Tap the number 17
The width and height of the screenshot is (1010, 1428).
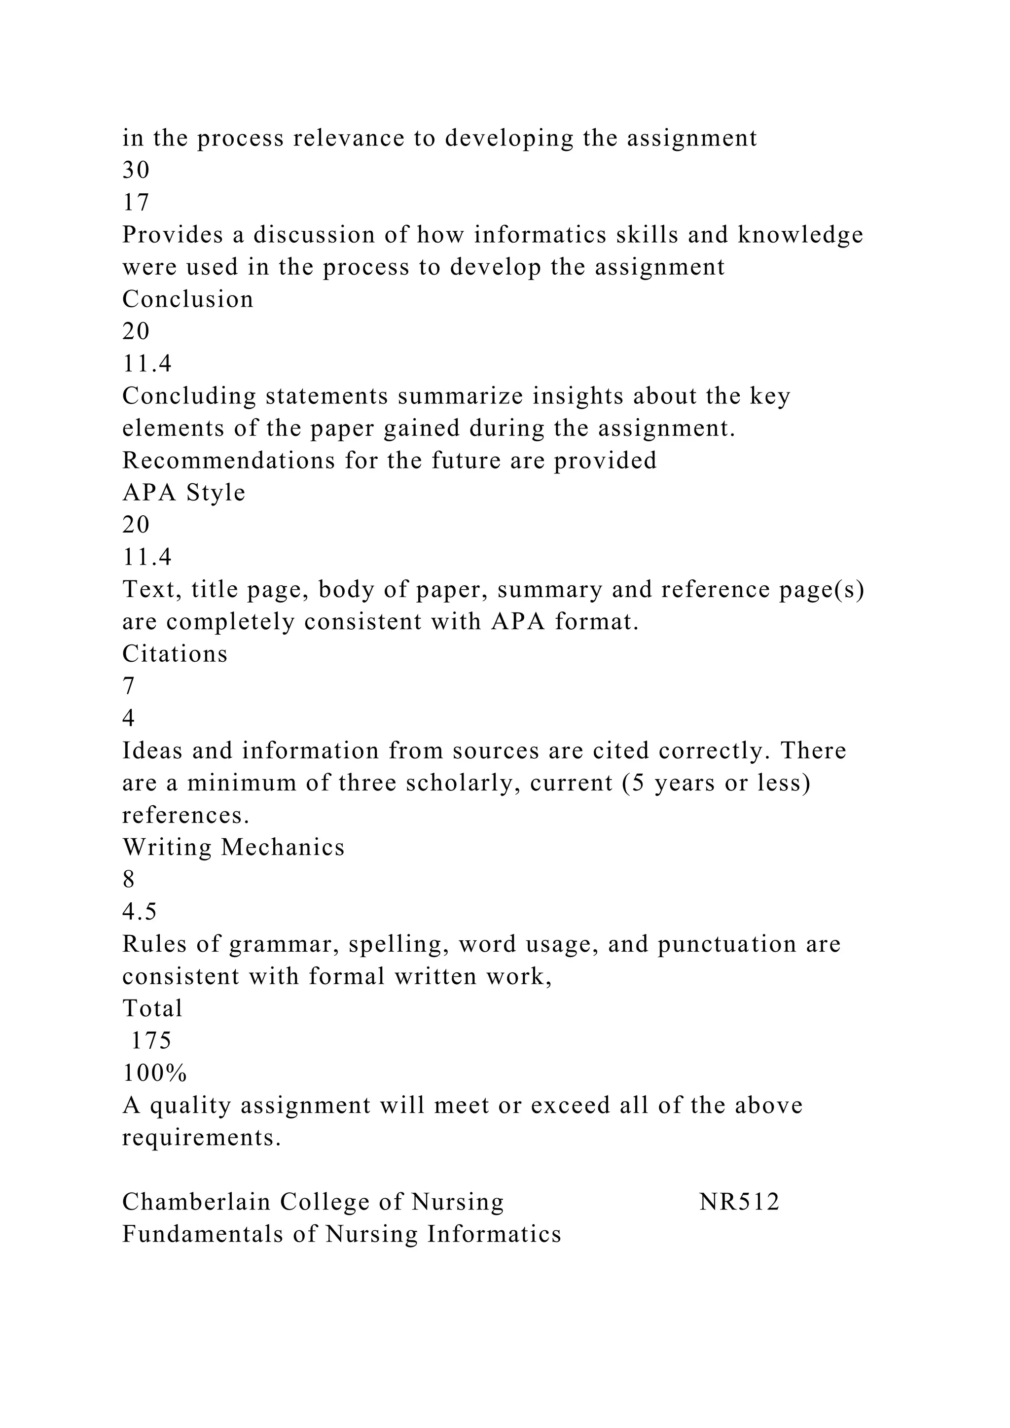click(x=136, y=203)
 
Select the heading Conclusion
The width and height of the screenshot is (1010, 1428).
click(x=188, y=299)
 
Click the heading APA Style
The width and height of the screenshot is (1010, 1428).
click(x=184, y=493)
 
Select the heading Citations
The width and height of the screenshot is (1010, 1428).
click(x=175, y=654)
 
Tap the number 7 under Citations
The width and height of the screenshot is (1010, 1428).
click(x=129, y=686)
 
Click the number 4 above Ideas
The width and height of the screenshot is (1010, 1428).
click(x=129, y=718)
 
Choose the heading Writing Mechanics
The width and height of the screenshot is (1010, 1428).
click(x=233, y=847)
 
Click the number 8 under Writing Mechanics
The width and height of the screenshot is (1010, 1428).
click(x=129, y=880)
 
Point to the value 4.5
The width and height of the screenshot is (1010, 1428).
click(x=139, y=912)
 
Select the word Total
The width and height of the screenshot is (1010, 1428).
click(x=152, y=1008)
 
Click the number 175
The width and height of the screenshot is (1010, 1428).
click(x=151, y=1040)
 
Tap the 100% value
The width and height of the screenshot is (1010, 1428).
click(x=155, y=1073)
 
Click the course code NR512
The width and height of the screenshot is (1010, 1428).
click(x=739, y=1202)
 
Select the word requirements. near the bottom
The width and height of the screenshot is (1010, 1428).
click(x=202, y=1138)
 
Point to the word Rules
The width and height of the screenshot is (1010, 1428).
click(x=153, y=944)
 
